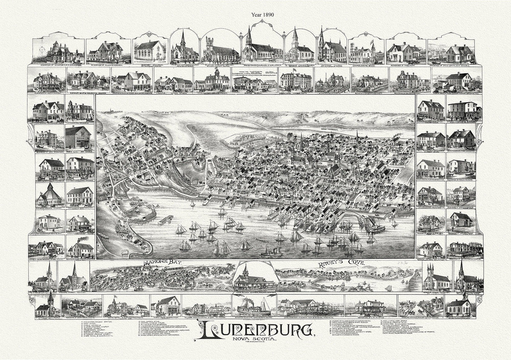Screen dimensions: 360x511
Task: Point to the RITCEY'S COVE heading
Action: (341, 264)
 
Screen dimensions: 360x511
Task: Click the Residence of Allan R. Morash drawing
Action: (106, 51)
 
